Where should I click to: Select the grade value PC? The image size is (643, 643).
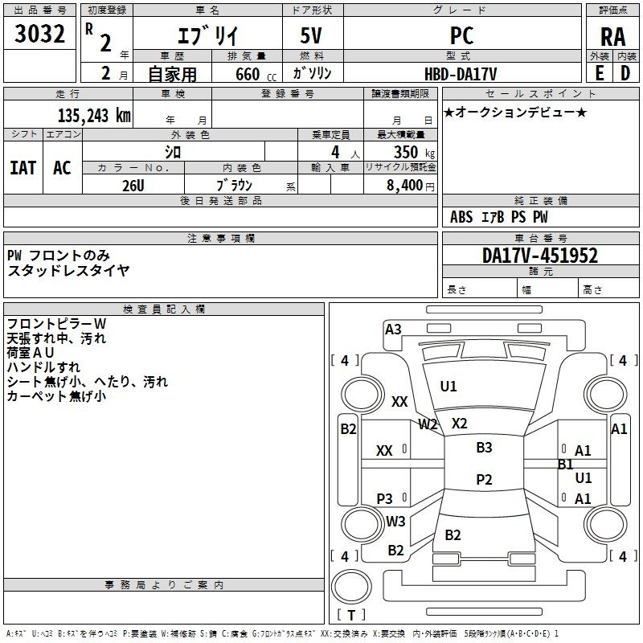tap(462, 35)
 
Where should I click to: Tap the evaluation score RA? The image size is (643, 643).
tap(612, 36)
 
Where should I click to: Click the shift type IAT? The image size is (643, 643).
tap(23, 168)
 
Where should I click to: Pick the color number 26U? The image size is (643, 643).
tap(133, 186)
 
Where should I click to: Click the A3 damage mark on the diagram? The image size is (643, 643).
tap(393, 330)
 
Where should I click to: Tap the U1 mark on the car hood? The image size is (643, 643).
tap(448, 387)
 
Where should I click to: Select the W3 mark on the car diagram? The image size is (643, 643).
tap(395, 522)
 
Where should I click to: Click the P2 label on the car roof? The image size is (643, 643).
tap(483, 480)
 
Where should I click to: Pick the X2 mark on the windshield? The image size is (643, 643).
tap(459, 424)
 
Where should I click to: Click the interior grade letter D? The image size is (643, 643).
tap(625, 72)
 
